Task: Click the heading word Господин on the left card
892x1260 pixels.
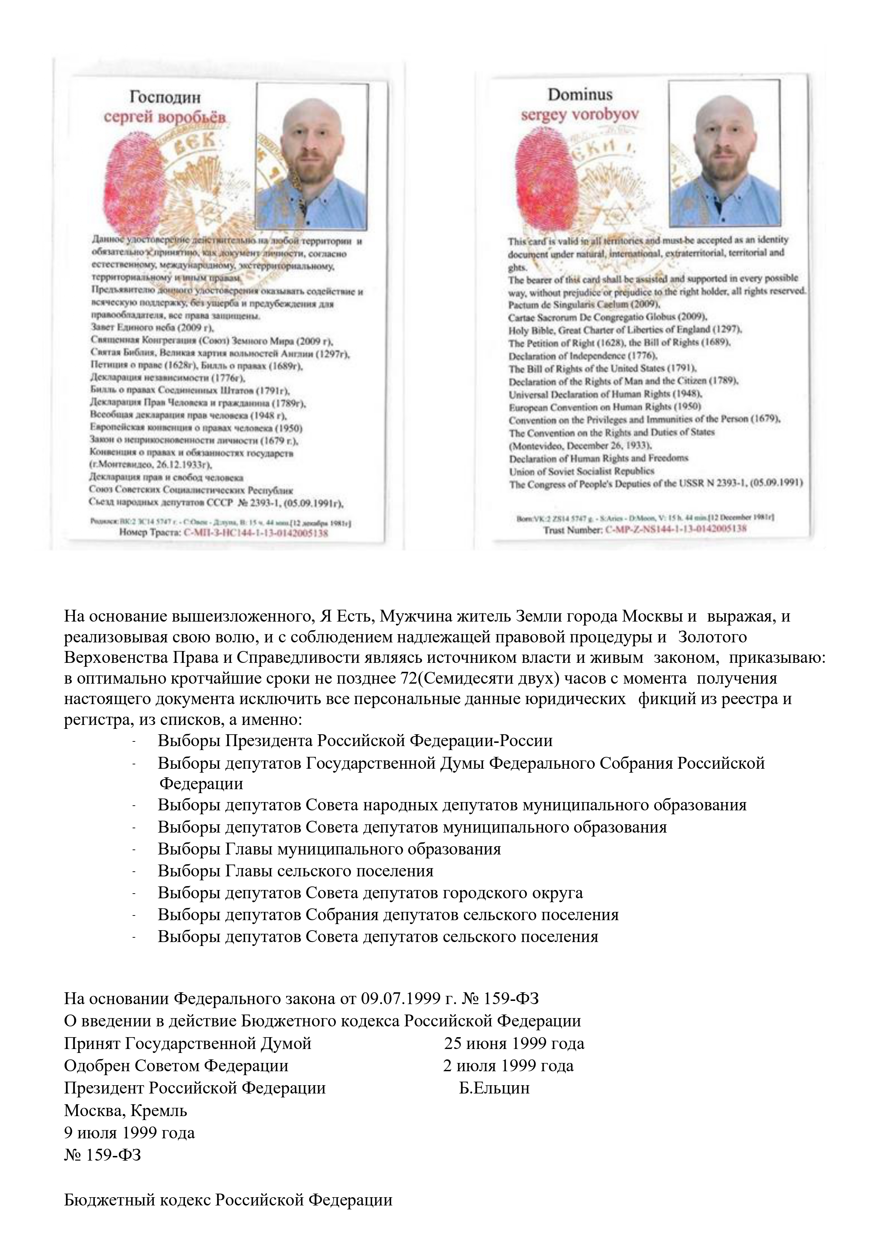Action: tap(165, 98)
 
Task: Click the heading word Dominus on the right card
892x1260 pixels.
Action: tap(580, 95)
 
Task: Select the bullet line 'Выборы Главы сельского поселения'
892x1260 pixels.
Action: tap(296, 871)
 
